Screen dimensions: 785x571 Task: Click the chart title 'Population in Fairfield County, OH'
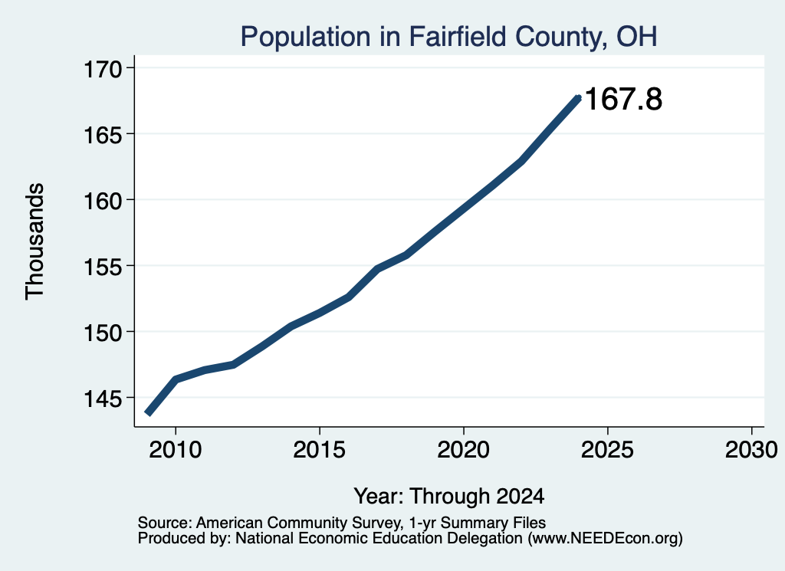(448, 37)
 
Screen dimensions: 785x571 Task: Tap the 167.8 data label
(623, 99)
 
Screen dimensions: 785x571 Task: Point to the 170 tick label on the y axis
(103, 69)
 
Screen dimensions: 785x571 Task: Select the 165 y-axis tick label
(103, 135)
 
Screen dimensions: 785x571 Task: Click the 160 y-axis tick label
(103, 201)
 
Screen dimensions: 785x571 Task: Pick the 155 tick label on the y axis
(103, 267)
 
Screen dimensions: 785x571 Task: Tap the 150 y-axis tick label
(103, 333)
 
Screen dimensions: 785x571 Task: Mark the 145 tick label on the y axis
(103, 399)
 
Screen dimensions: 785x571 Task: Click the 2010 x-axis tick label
(176, 450)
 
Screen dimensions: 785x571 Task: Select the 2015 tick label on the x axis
(320, 450)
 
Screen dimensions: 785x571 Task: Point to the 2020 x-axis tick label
(464, 450)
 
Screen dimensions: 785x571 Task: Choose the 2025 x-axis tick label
(607, 450)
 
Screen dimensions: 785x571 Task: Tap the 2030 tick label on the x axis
(751, 450)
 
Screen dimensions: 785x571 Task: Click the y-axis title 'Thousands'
(34, 241)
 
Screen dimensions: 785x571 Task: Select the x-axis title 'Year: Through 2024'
(449, 497)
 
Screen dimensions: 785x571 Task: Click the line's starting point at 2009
(148, 413)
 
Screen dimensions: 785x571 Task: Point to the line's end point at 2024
(579, 97)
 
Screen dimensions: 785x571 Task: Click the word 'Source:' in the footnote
(165, 523)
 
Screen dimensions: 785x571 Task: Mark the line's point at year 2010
(176, 379)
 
